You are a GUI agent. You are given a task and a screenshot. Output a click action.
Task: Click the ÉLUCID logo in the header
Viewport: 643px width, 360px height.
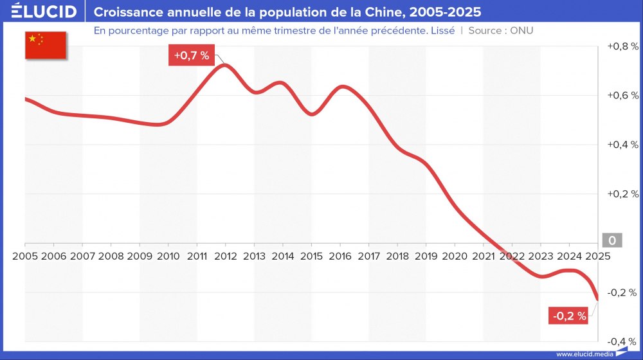point(43,12)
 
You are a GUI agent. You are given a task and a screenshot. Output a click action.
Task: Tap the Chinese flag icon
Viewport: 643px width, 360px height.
point(46,44)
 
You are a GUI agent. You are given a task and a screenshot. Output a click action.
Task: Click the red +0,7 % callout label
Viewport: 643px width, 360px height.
point(192,56)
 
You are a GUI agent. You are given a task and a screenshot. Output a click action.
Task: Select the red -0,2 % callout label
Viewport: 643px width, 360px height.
point(568,316)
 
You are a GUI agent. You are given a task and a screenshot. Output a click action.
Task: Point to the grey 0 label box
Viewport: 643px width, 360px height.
point(611,241)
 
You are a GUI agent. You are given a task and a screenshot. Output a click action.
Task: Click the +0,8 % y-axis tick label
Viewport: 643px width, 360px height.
point(622,46)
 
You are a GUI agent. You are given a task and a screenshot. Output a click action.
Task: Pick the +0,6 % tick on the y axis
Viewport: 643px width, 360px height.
point(622,95)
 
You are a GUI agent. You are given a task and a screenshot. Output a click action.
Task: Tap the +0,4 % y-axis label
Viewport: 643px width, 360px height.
point(622,145)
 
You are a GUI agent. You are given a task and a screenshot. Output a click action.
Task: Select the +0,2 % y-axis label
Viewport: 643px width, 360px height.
point(622,194)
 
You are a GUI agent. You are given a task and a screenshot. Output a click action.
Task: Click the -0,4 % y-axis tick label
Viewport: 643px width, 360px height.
point(622,341)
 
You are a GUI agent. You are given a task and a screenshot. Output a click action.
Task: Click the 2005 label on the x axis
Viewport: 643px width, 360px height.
point(24,255)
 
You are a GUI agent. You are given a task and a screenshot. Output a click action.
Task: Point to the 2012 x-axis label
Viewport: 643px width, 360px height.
point(225,255)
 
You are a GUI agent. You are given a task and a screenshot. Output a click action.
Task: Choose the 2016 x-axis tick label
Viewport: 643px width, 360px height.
point(340,255)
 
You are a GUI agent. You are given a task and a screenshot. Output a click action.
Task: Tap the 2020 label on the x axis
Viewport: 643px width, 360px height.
point(455,255)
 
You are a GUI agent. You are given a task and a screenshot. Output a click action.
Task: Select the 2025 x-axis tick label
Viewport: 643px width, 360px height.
point(597,255)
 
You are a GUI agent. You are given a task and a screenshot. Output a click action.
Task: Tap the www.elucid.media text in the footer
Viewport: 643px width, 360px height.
point(584,354)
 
